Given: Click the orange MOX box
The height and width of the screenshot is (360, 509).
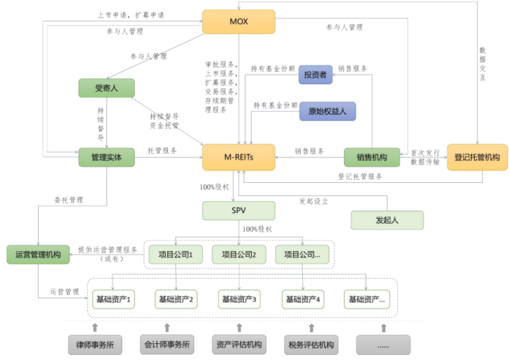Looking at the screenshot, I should point(238,21).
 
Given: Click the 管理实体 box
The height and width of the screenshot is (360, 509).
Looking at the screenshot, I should point(106,157).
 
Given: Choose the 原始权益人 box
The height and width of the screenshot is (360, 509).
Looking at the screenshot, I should point(328,111).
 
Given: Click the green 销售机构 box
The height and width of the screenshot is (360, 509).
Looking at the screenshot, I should point(371,157).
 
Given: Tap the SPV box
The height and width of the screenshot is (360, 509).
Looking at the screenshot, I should point(238,210).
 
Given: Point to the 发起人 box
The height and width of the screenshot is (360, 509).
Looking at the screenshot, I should point(387,219).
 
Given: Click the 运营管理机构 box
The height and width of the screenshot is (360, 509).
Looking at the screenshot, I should point(38,255).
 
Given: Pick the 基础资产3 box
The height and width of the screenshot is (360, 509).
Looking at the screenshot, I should point(239,300).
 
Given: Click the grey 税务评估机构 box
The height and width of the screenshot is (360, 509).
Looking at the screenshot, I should point(311,345).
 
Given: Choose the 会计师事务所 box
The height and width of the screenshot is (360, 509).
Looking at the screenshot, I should point(167,345).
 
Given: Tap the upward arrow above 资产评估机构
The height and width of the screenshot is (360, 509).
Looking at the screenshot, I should point(239,327).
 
